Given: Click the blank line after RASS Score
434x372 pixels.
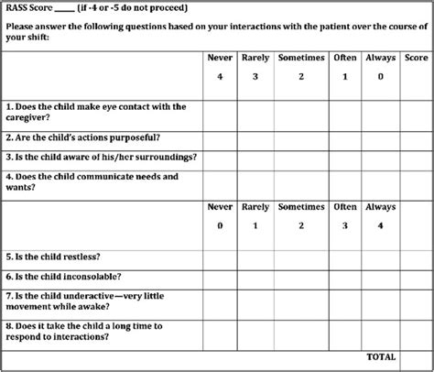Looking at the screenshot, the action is pyautogui.click(x=62, y=10).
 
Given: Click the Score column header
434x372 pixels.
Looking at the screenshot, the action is pyautogui.click(x=416, y=58).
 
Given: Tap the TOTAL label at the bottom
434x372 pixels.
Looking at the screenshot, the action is pyautogui.click(x=381, y=356).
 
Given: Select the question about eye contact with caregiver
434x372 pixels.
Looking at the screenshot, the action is pyautogui.click(x=96, y=113).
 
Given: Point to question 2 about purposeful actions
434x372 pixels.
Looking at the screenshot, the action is pyautogui.click(x=83, y=137).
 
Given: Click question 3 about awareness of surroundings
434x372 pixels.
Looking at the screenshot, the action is pyautogui.click(x=101, y=157).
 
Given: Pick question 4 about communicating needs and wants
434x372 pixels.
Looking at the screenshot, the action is pyautogui.click(x=92, y=181).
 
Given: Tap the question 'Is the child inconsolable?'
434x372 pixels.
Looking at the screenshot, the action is pyautogui.click(x=64, y=276).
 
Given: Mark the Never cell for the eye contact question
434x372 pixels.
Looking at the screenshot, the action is pyautogui.click(x=220, y=114).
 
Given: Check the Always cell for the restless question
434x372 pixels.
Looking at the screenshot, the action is pyautogui.click(x=381, y=257).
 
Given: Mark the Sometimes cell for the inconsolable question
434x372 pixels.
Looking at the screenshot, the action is pyautogui.click(x=300, y=277).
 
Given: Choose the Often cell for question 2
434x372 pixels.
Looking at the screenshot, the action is pyautogui.click(x=345, y=137).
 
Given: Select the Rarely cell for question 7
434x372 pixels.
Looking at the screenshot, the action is pyautogui.click(x=255, y=301).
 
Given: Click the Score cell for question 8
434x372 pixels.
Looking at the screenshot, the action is pyautogui.click(x=416, y=332).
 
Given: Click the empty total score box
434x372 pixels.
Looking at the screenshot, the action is pyautogui.click(x=416, y=357).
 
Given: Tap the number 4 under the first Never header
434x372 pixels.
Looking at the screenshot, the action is pyautogui.click(x=220, y=76).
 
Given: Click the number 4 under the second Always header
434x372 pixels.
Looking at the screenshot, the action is pyautogui.click(x=381, y=225).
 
